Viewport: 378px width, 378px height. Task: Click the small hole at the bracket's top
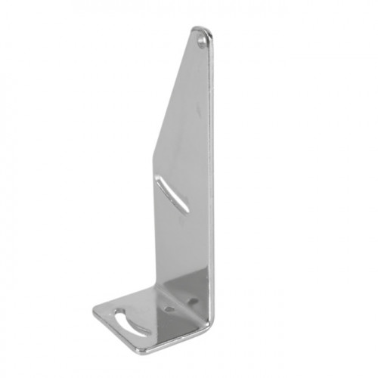point(202,43)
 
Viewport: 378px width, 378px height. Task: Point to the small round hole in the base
point(169,309)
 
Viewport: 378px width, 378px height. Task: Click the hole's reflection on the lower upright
point(190,300)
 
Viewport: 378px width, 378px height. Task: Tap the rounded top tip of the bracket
point(203,30)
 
